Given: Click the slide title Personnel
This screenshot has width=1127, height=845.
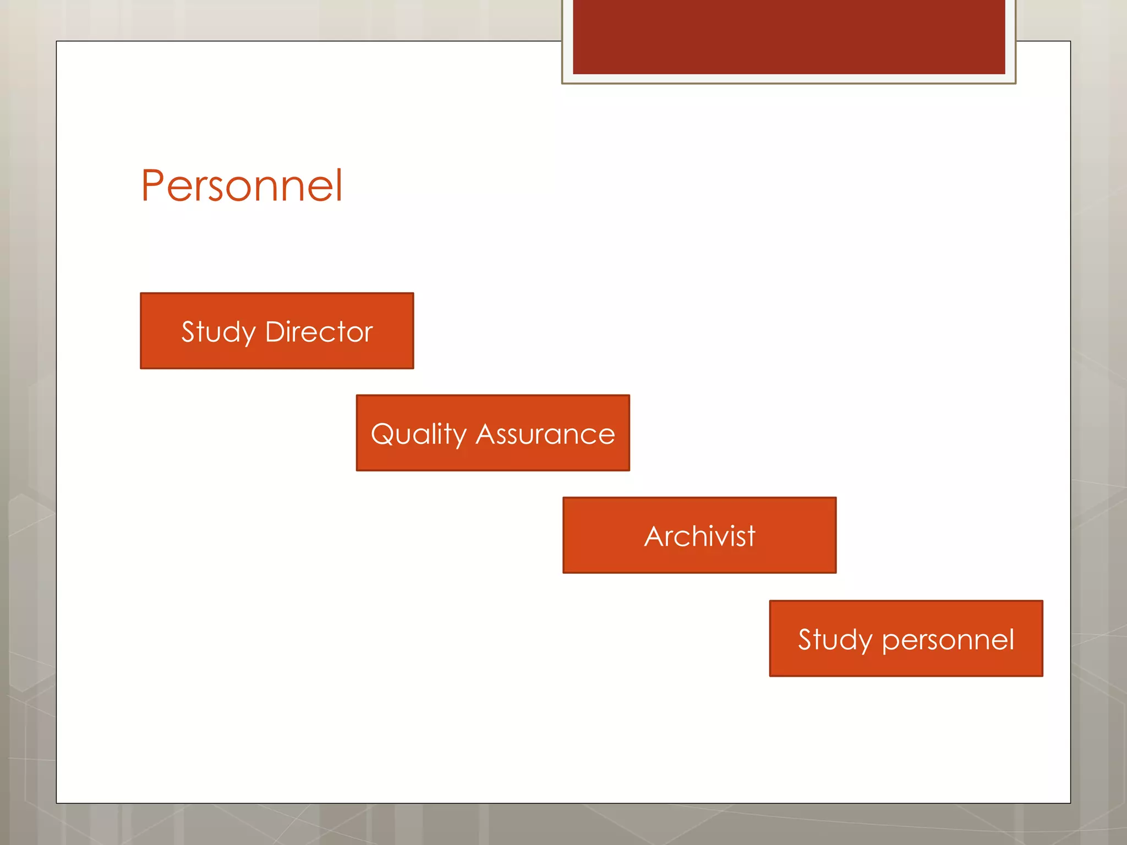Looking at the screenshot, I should (242, 186).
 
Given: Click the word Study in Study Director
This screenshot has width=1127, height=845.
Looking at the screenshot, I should (218, 332).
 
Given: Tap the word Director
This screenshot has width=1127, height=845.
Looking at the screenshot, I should (319, 332).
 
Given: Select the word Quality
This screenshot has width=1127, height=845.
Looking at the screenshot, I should (419, 435).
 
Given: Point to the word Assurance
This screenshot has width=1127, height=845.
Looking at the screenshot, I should (545, 435).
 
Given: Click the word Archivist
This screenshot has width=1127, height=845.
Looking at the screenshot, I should (699, 536).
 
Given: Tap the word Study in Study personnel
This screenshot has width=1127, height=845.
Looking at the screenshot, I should (835, 640).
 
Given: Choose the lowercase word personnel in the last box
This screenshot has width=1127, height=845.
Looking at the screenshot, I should (948, 640).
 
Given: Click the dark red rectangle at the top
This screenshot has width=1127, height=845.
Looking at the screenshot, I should (789, 36).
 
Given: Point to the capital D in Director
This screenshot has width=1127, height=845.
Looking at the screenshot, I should (276, 332).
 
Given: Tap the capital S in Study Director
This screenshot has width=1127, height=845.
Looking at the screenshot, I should (188, 332).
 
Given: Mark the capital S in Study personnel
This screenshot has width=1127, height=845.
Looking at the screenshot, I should (805, 640).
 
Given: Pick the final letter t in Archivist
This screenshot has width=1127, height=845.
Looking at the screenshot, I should (751, 537).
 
